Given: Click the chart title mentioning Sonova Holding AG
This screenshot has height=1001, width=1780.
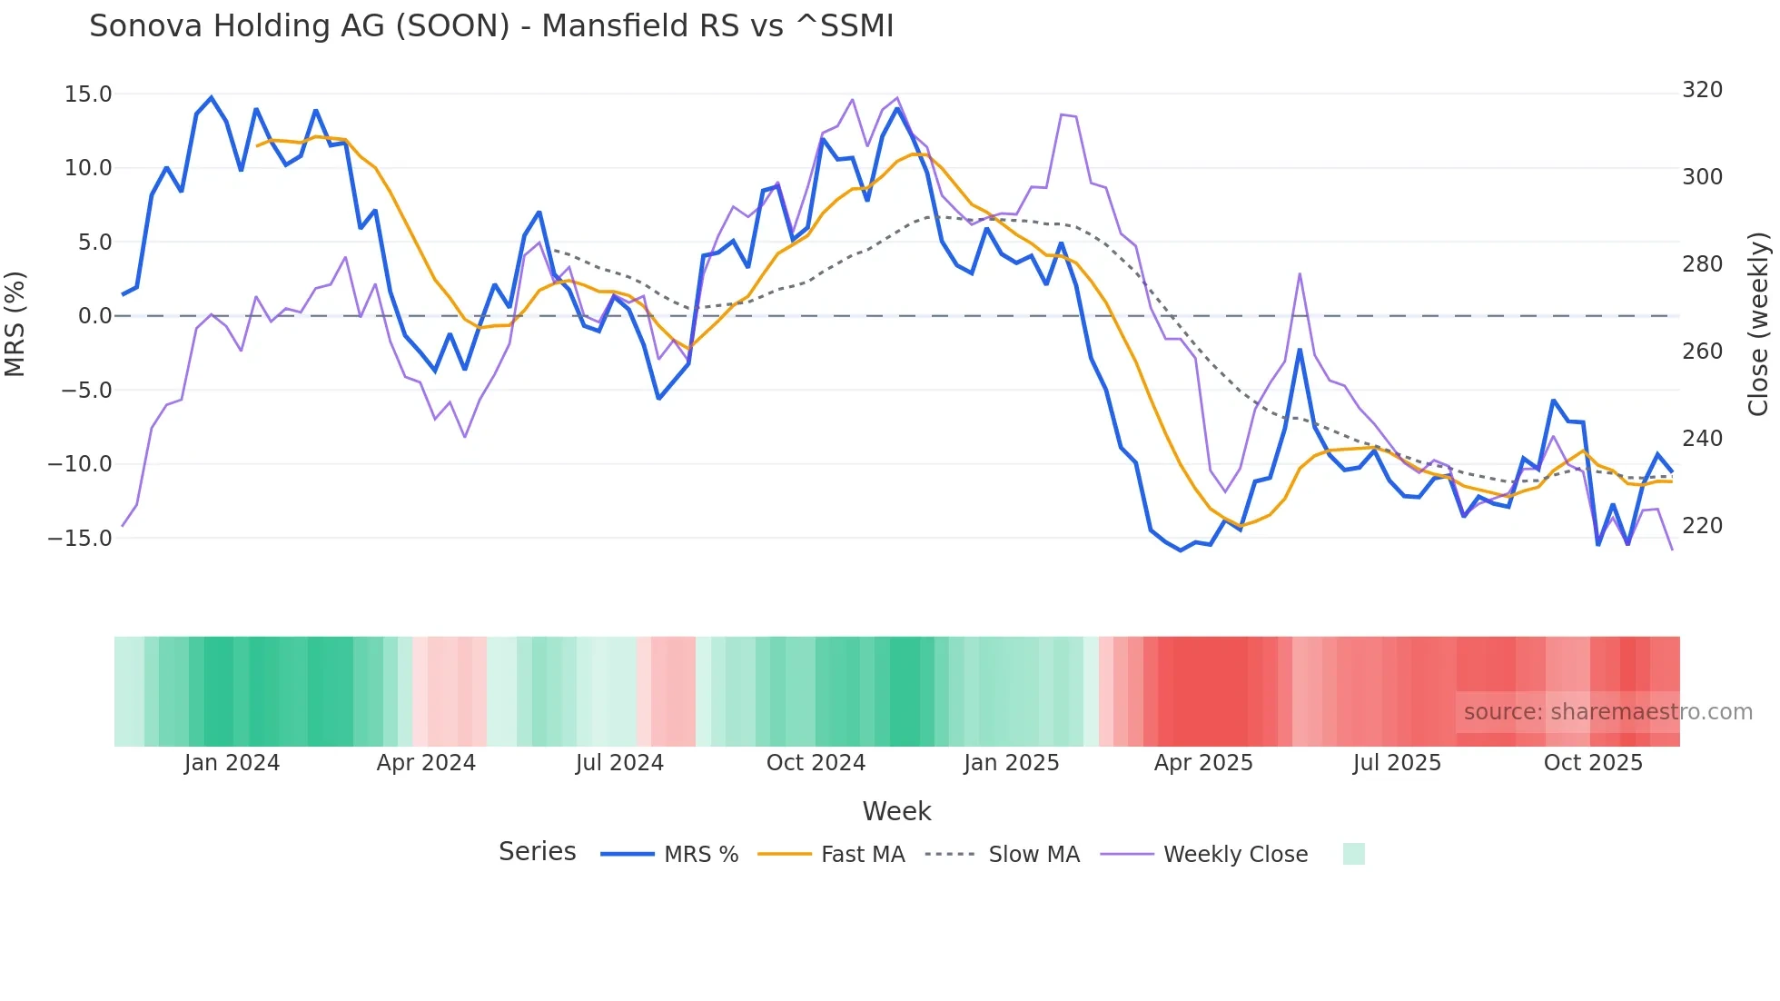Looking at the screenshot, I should (x=491, y=26).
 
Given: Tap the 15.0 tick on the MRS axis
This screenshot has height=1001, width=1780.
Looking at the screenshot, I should (x=88, y=94).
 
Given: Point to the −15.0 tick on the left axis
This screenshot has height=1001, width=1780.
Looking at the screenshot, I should (x=80, y=538).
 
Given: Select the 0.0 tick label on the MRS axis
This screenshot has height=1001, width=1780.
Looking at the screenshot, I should (x=94, y=316).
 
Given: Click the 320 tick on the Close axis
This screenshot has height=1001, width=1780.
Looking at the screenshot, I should (x=1702, y=90).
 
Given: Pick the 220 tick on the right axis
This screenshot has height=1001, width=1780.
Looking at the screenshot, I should (x=1702, y=525).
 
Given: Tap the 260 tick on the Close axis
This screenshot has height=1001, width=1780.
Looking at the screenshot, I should (x=1702, y=351).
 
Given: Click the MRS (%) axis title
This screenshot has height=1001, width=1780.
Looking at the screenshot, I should (x=15, y=323).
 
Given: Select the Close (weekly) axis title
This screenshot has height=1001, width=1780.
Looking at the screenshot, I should (x=1758, y=323).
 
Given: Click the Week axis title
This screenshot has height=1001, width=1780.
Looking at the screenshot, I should (x=896, y=811).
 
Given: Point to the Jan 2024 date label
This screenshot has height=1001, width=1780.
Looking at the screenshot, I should (x=232, y=763).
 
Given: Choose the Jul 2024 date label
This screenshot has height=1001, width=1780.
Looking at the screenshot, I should (x=619, y=763).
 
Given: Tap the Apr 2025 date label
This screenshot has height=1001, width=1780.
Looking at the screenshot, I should (x=1203, y=763).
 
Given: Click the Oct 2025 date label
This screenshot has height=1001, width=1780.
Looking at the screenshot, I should (x=1593, y=763).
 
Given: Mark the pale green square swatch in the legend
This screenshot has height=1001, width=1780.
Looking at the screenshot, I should (x=1353, y=854).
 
